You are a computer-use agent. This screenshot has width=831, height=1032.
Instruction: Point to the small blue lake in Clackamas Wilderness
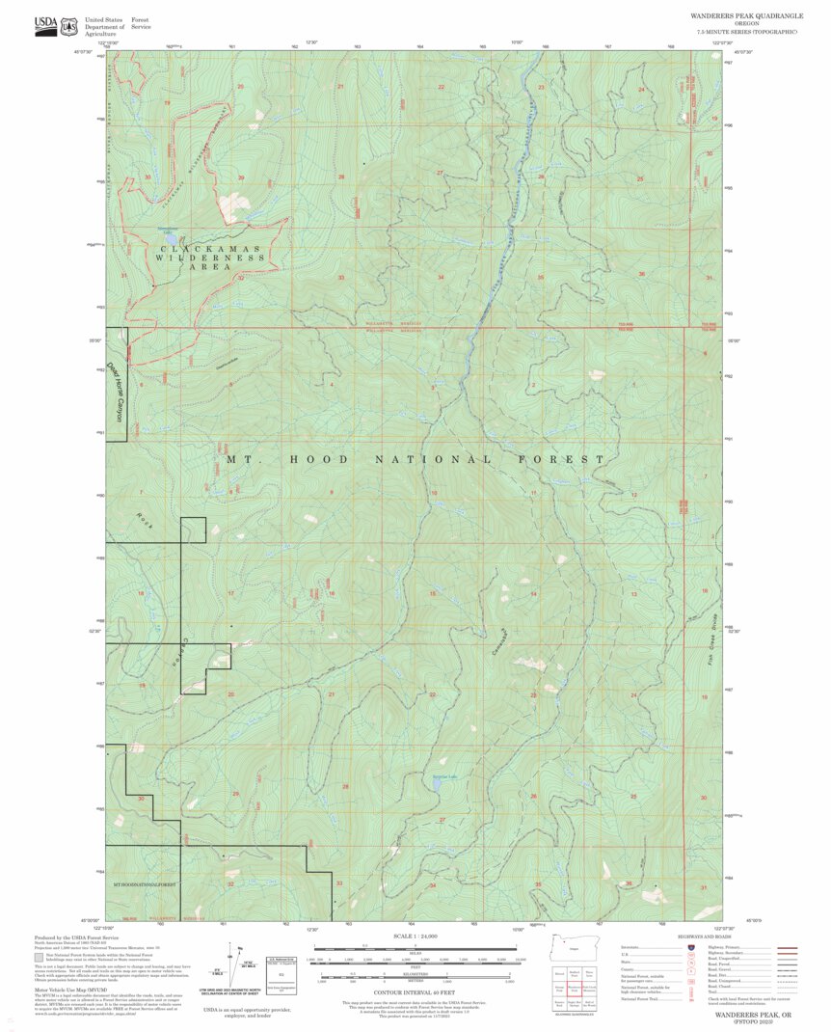click(x=170, y=235)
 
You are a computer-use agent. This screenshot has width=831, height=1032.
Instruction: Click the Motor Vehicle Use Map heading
click(x=71, y=990)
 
